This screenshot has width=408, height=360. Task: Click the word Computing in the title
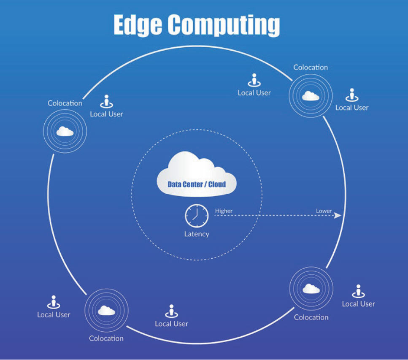click(224, 25)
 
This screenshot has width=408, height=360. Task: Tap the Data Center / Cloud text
click(197, 184)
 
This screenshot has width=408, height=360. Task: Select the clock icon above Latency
click(197, 216)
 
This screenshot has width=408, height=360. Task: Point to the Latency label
click(197, 234)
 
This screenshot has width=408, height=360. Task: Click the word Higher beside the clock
click(224, 211)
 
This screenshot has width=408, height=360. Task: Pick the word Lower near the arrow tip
click(324, 211)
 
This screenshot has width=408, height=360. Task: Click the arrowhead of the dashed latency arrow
click(338, 216)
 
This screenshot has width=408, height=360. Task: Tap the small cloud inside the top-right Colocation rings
click(311, 96)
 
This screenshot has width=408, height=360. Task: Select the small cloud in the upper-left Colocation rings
click(65, 131)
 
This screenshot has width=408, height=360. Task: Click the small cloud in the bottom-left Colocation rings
click(106, 311)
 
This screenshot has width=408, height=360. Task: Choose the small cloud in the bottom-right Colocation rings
click(311, 289)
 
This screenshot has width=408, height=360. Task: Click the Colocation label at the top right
click(311, 68)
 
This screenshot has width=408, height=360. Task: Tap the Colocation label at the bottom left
click(106, 338)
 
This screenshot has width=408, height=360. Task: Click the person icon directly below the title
click(254, 80)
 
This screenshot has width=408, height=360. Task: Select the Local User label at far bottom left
click(54, 314)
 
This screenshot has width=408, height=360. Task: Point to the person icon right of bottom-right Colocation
click(358, 291)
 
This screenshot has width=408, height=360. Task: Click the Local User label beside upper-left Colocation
click(106, 114)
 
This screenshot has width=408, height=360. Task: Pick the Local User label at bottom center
click(171, 324)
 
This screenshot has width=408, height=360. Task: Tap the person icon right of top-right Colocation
click(352, 95)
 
